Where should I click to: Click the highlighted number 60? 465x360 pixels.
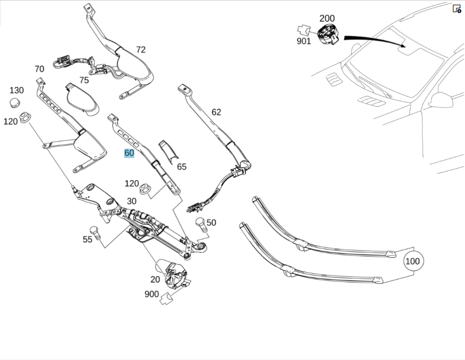click(x=129, y=153)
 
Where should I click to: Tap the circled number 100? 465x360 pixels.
click(x=412, y=261)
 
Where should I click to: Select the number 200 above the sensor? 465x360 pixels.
click(x=327, y=19)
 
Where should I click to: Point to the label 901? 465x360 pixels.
click(x=304, y=41)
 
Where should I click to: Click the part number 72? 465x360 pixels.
click(x=141, y=49)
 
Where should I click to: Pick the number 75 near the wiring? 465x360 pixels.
click(x=84, y=80)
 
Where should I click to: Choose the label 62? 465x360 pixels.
click(x=216, y=112)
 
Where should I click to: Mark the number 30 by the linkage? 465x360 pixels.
click(x=132, y=201)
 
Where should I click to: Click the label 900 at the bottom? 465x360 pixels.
click(x=152, y=294)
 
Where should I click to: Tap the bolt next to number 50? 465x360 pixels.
click(x=200, y=225)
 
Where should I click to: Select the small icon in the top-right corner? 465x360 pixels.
click(x=457, y=8)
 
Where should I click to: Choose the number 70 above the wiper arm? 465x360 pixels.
click(x=39, y=69)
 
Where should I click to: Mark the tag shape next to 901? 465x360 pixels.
click(x=305, y=30)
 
